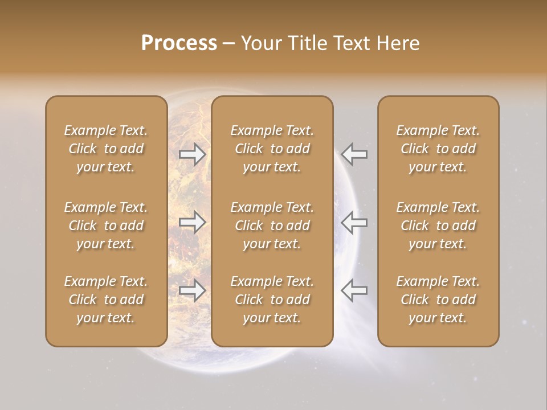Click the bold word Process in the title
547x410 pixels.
(x=179, y=43)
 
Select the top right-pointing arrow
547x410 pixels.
(x=193, y=154)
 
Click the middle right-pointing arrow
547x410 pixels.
(x=193, y=223)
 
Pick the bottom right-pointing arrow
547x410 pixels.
(x=193, y=290)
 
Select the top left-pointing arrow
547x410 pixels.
(x=354, y=154)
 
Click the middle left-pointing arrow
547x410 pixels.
(x=354, y=223)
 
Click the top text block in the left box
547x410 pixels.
(x=106, y=149)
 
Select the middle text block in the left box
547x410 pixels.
(x=106, y=225)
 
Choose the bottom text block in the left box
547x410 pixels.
(x=106, y=300)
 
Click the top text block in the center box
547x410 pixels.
(x=272, y=149)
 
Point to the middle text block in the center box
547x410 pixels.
(x=272, y=225)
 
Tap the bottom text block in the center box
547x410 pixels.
(x=272, y=300)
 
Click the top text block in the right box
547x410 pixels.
(x=438, y=149)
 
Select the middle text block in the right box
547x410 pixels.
(x=438, y=225)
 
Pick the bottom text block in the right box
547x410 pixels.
(x=438, y=300)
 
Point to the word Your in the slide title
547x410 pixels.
(x=261, y=43)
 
